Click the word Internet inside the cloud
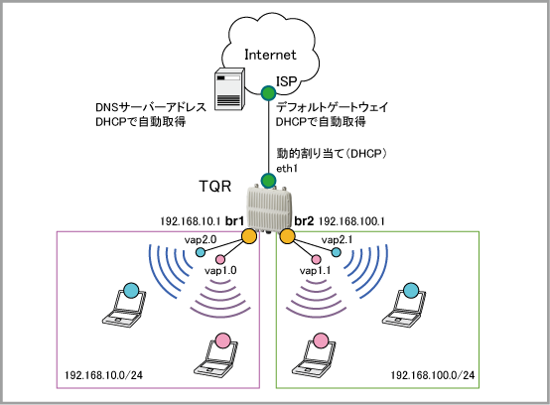270,55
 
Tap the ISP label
286,81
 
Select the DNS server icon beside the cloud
229,88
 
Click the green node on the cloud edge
269,93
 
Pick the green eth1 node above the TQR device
269,181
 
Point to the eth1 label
287,169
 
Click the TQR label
215,187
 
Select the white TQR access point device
269,209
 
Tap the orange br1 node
249,236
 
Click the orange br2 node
287,236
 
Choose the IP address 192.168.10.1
191,221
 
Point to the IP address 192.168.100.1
351,221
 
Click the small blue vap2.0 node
201,252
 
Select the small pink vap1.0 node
220,259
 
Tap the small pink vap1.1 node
316,259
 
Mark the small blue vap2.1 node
336,252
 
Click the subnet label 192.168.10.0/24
103,375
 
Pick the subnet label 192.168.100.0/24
433,375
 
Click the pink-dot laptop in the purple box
216,355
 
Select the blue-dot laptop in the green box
404,305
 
